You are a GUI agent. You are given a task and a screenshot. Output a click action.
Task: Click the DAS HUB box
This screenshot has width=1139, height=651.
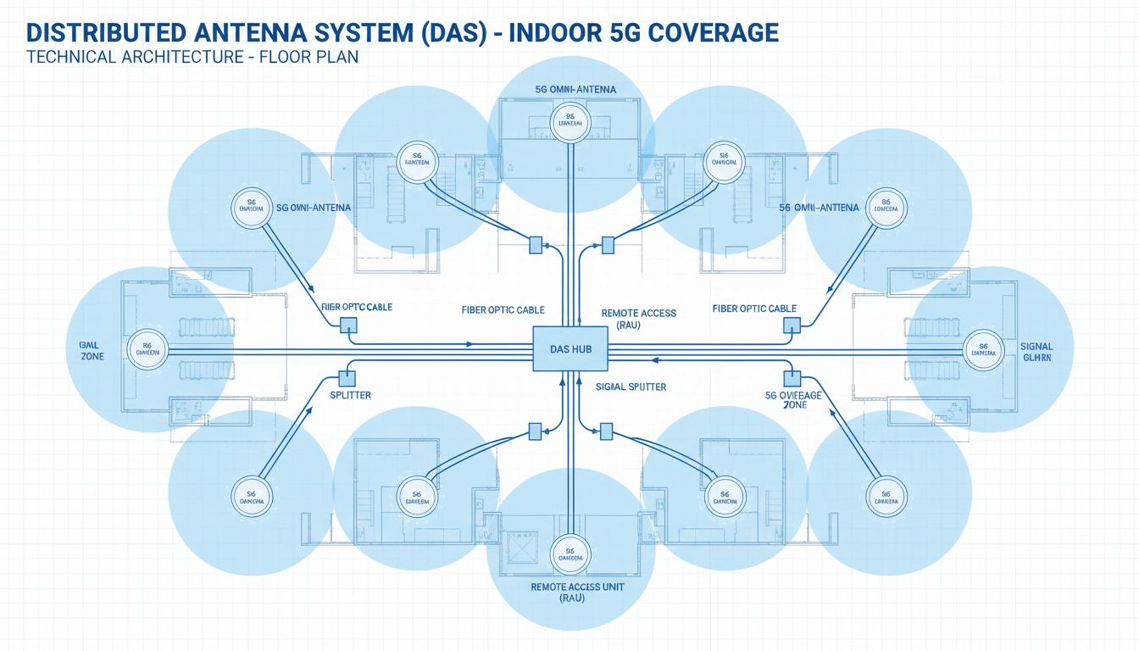tap(569, 349)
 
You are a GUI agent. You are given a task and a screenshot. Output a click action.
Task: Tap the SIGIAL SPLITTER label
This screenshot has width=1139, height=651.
tap(631, 387)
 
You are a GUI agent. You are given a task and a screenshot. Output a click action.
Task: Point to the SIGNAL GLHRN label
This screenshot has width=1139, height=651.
tap(1036, 352)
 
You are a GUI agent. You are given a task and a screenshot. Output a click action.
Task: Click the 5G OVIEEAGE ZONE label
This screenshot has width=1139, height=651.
tap(794, 399)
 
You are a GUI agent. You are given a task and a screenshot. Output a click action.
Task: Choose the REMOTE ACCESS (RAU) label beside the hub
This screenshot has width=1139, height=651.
tap(638, 319)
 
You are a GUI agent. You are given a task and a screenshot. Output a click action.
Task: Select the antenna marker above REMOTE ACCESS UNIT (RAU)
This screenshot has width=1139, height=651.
tap(568, 554)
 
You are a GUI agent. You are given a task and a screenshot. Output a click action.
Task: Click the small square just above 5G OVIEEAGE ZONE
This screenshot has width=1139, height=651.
tap(792, 376)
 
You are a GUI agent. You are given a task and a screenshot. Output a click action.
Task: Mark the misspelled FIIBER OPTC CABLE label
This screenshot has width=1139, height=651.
tap(357, 307)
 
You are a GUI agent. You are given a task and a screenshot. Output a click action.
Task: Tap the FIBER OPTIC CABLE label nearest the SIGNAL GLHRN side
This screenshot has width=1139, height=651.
tap(754, 309)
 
